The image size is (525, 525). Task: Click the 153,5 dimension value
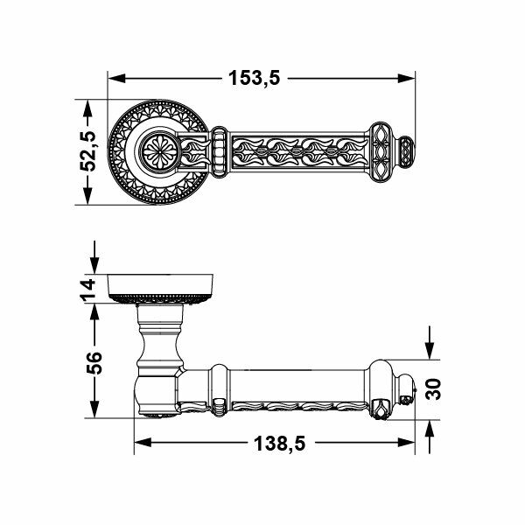tap(254, 78)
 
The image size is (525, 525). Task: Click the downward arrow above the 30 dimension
tap(429, 346)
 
